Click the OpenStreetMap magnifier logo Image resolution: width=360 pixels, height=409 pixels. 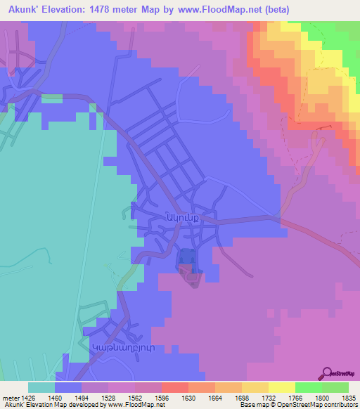[x=326, y=372]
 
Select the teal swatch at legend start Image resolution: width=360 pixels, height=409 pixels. [x=41, y=387]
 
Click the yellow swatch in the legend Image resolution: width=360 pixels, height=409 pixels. [x=281, y=387]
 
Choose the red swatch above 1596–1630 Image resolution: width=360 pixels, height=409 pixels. [x=174, y=387]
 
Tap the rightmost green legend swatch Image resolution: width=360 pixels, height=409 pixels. [x=335, y=387]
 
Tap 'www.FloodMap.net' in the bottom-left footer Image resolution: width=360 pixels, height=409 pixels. [x=138, y=405]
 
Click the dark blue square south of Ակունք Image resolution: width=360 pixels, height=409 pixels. [x=186, y=258]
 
